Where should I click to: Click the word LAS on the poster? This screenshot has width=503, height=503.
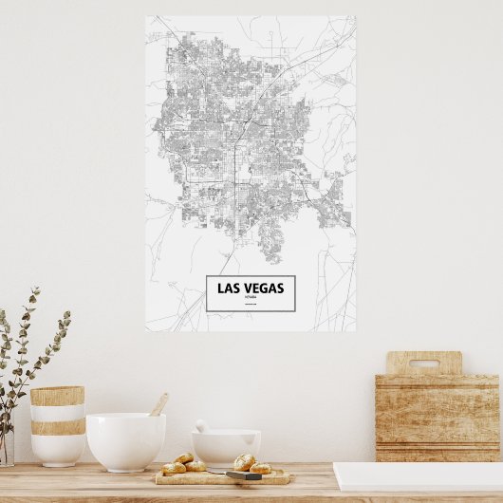(x=228, y=288)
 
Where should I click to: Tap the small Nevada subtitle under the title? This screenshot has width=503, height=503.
(x=251, y=297)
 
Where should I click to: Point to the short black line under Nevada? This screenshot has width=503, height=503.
(x=251, y=304)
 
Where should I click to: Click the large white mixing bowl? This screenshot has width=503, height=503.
(x=125, y=440)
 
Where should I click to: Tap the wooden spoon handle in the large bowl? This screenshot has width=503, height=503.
(x=158, y=404)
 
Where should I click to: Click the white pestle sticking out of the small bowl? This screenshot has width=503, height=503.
(x=201, y=426)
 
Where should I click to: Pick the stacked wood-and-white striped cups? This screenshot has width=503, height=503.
(x=57, y=424)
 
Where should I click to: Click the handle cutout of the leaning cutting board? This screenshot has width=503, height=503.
(x=423, y=363)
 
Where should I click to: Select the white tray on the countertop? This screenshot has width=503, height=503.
(x=418, y=476)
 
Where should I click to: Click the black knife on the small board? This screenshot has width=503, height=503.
(x=242, y=475)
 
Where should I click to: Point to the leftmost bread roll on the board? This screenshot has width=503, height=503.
(x=174, y=468)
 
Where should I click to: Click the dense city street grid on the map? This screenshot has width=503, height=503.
(x=237, y=142)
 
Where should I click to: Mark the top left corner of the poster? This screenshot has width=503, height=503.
(x=146, y=16)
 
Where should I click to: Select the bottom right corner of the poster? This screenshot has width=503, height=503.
(x=355, y=330)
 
